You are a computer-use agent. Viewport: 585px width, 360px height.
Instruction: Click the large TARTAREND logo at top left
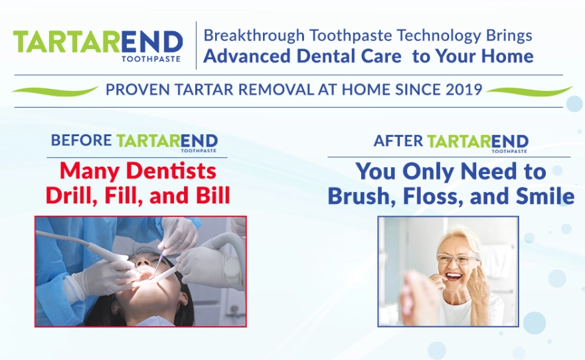tap(98, 46)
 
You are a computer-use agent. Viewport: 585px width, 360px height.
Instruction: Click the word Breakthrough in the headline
tap(254, 36)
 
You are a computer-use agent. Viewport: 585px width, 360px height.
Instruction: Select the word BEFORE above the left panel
tap(81, 140)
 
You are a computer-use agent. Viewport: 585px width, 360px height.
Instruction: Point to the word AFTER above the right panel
tap(398, 141)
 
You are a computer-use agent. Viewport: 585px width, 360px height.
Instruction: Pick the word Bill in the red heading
tap(212, 195)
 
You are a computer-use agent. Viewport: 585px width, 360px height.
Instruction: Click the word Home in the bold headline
tap(507, 56)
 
